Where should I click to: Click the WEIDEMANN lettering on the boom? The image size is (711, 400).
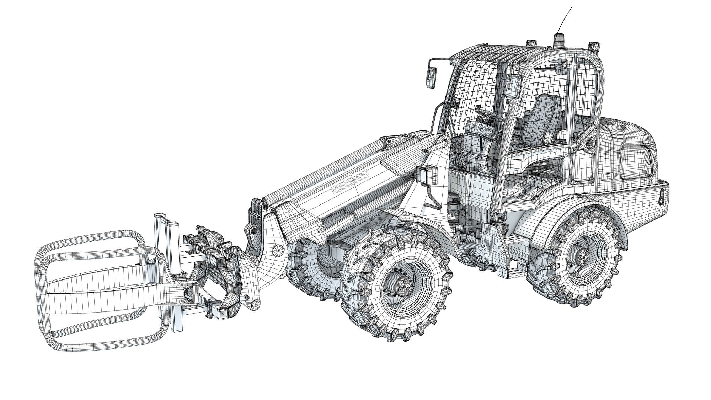click(x=350, y=182)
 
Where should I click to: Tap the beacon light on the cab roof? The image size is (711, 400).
click(x=557, y=39)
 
